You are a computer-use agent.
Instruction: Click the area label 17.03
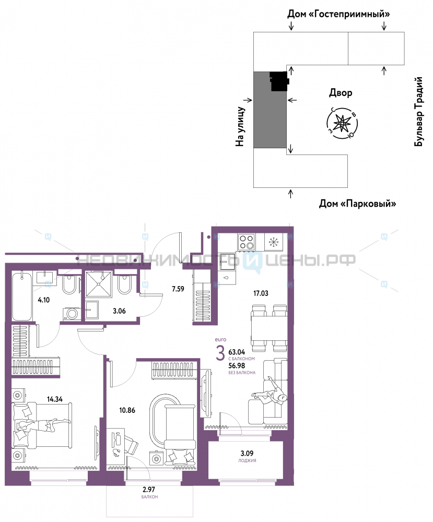(261, 293)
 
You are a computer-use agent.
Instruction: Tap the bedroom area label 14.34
(55, 399)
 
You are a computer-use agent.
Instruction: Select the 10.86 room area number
(127, 410)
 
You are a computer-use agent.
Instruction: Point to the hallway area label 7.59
(178, 289)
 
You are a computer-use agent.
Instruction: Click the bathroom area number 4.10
(44, 300)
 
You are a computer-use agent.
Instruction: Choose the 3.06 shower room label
(119, 311)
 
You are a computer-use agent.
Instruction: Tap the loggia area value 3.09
(247, 453)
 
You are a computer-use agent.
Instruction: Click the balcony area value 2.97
(149, 490)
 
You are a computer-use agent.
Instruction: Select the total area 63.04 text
(237, 352)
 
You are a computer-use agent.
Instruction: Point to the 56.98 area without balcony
(237, 365)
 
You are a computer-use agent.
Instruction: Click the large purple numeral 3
(220, 353)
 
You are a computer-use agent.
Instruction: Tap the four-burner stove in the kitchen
(247, 242)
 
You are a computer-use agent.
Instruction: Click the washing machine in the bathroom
(71, 314)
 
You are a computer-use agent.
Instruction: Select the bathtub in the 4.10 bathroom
(22, 296)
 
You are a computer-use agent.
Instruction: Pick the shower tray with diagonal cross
(98, 284)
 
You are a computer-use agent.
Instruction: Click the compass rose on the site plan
(342, 123)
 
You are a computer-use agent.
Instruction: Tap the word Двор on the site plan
(341, 92)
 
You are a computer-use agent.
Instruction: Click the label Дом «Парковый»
(357, 204)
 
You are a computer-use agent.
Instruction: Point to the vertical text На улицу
(240, 126)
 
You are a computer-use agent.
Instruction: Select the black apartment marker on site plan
(279, 81)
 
